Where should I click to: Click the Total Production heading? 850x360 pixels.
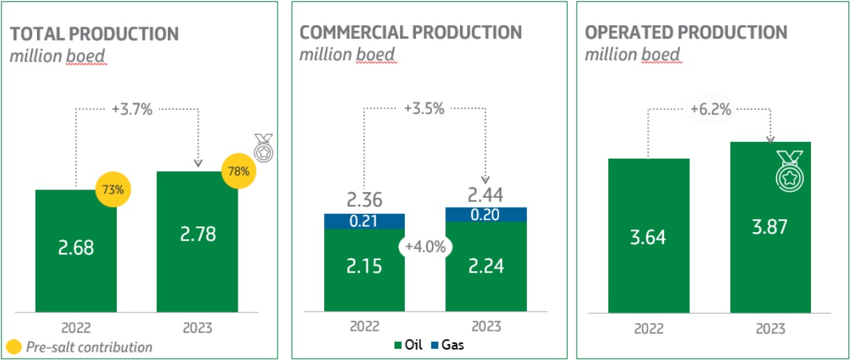[x=94, y=34]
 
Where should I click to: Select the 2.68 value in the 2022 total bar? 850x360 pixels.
[x=75, y=249]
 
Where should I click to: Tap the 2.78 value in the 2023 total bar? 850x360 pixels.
[x=197, y=233]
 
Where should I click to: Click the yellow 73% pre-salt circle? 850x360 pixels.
[x=113, y=189]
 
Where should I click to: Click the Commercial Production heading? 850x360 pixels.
[x=411, y=32]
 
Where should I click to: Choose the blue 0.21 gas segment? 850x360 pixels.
[x=364, y=222]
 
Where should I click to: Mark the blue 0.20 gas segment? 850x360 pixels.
[x=486, y=215]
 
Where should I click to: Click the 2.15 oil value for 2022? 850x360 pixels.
[x=364, y=266]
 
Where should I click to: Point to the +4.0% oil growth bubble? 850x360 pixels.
[x=425, y=247]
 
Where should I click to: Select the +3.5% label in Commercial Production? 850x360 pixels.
[x=425, y=109]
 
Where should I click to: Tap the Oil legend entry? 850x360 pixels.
[x=409, y=345]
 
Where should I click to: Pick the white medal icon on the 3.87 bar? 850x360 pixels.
[x=788, y=171]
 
